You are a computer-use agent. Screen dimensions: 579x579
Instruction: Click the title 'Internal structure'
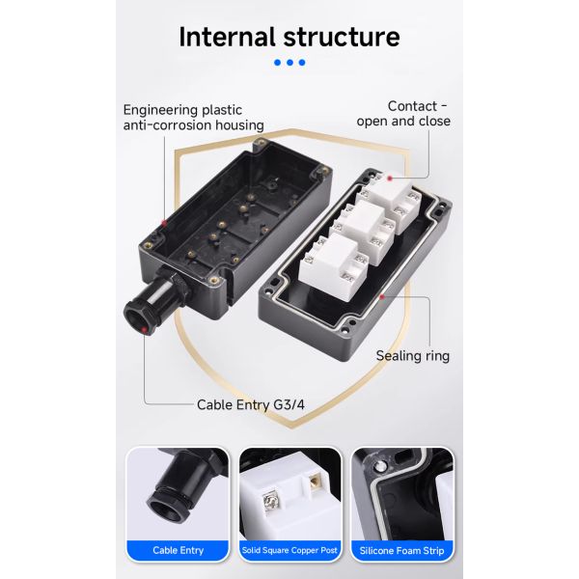pos(289,37)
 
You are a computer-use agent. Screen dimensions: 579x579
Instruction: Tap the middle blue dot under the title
pos(289,63)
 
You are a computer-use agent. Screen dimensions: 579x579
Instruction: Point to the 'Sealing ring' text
pos(412,355)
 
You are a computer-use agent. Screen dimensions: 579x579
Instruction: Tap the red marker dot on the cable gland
pos(145,329)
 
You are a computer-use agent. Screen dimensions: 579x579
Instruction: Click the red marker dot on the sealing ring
pos(383,296)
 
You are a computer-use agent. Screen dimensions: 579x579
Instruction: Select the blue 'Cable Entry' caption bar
pos(179,550)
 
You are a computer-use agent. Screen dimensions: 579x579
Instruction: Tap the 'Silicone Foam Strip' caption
pos(402,550)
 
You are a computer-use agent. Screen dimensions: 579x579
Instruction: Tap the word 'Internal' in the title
pos(226,37)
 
